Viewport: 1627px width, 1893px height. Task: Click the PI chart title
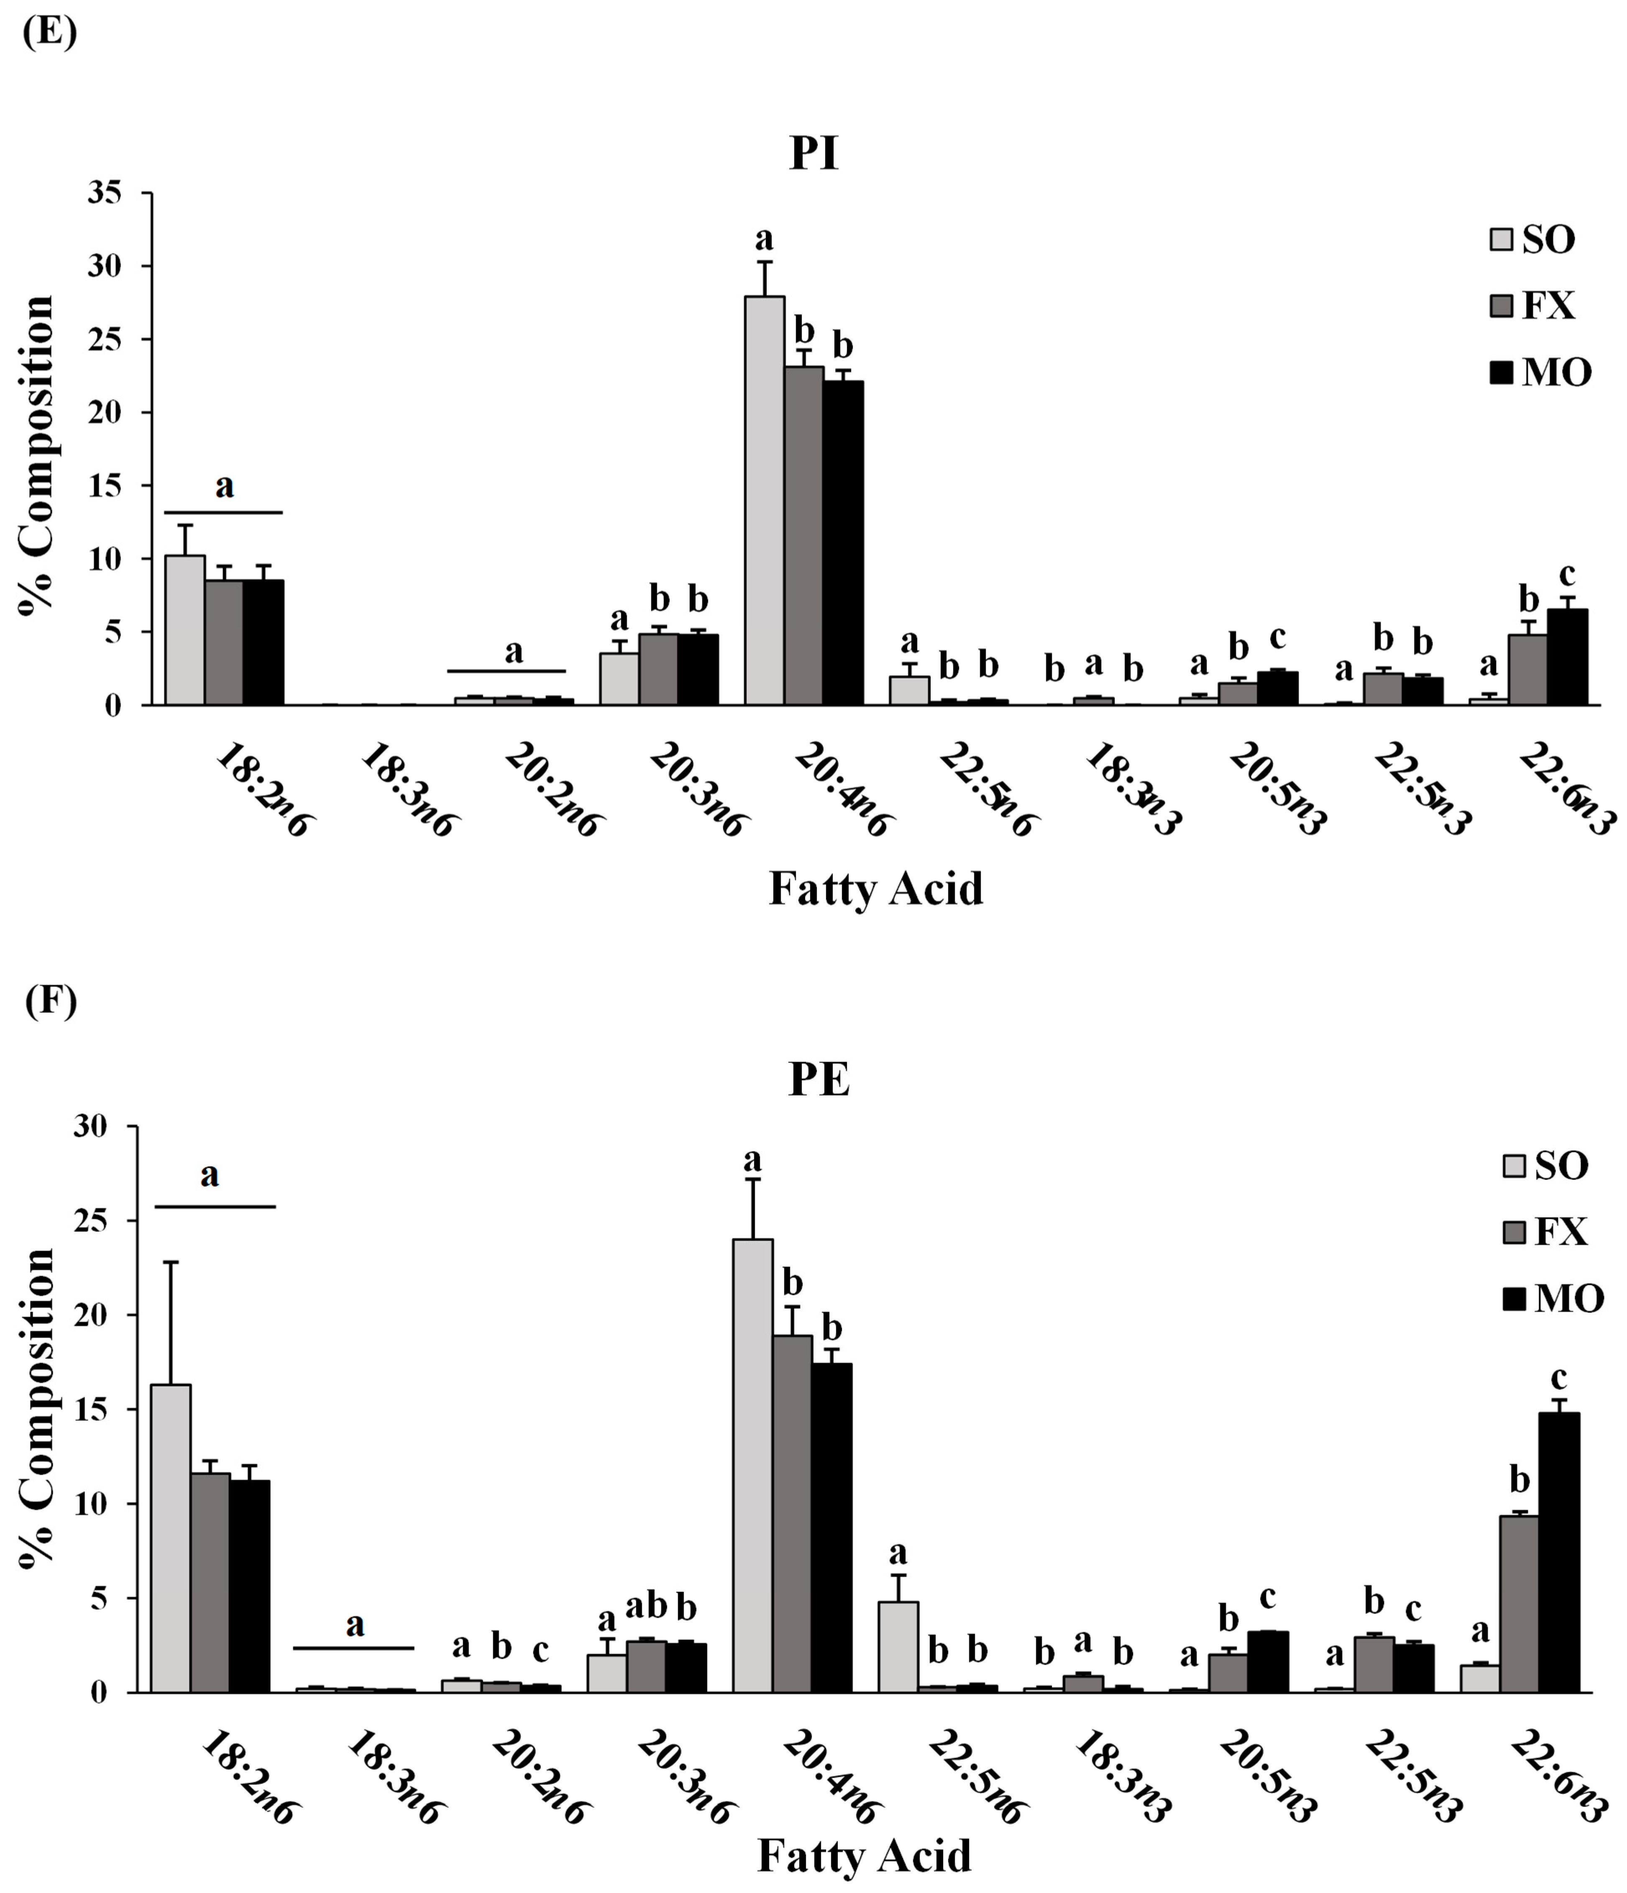tap(813, 154)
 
